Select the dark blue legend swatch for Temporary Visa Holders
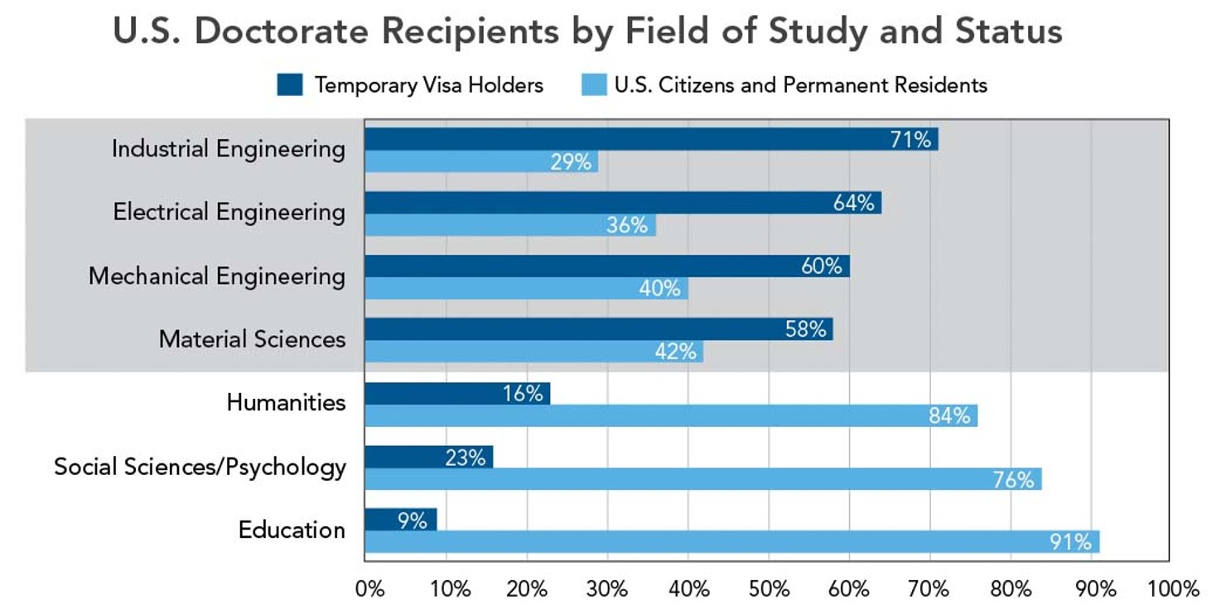[290, 84]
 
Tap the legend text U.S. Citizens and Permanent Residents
[800, 84]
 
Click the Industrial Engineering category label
[229, 149]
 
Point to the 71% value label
[910, 140]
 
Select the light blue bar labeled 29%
[480, 162]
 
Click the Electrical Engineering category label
[229, 212]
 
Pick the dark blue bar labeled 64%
[621, 203]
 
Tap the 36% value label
[627, 225]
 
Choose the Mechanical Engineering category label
[217, 276]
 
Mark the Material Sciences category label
[252, 339]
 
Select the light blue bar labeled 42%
[533, 352]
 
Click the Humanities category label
[286, 402]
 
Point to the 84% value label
[948, 415]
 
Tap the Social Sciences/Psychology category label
[200, 467]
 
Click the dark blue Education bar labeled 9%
[400, 520]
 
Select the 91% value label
[1070, 543]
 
